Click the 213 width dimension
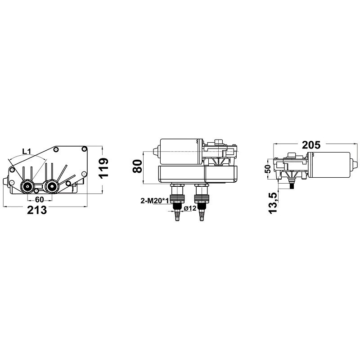pos(37,210)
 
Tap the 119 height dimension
pos(104,168)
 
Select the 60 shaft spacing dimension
pos(39,199)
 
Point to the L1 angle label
pos(27,151)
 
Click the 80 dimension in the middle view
pos(137,166)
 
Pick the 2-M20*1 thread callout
pos(155,201)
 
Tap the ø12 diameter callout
pos(190,208)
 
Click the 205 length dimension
pos(311,145)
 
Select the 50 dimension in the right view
pos(268,169)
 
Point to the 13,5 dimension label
pos(273,203)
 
